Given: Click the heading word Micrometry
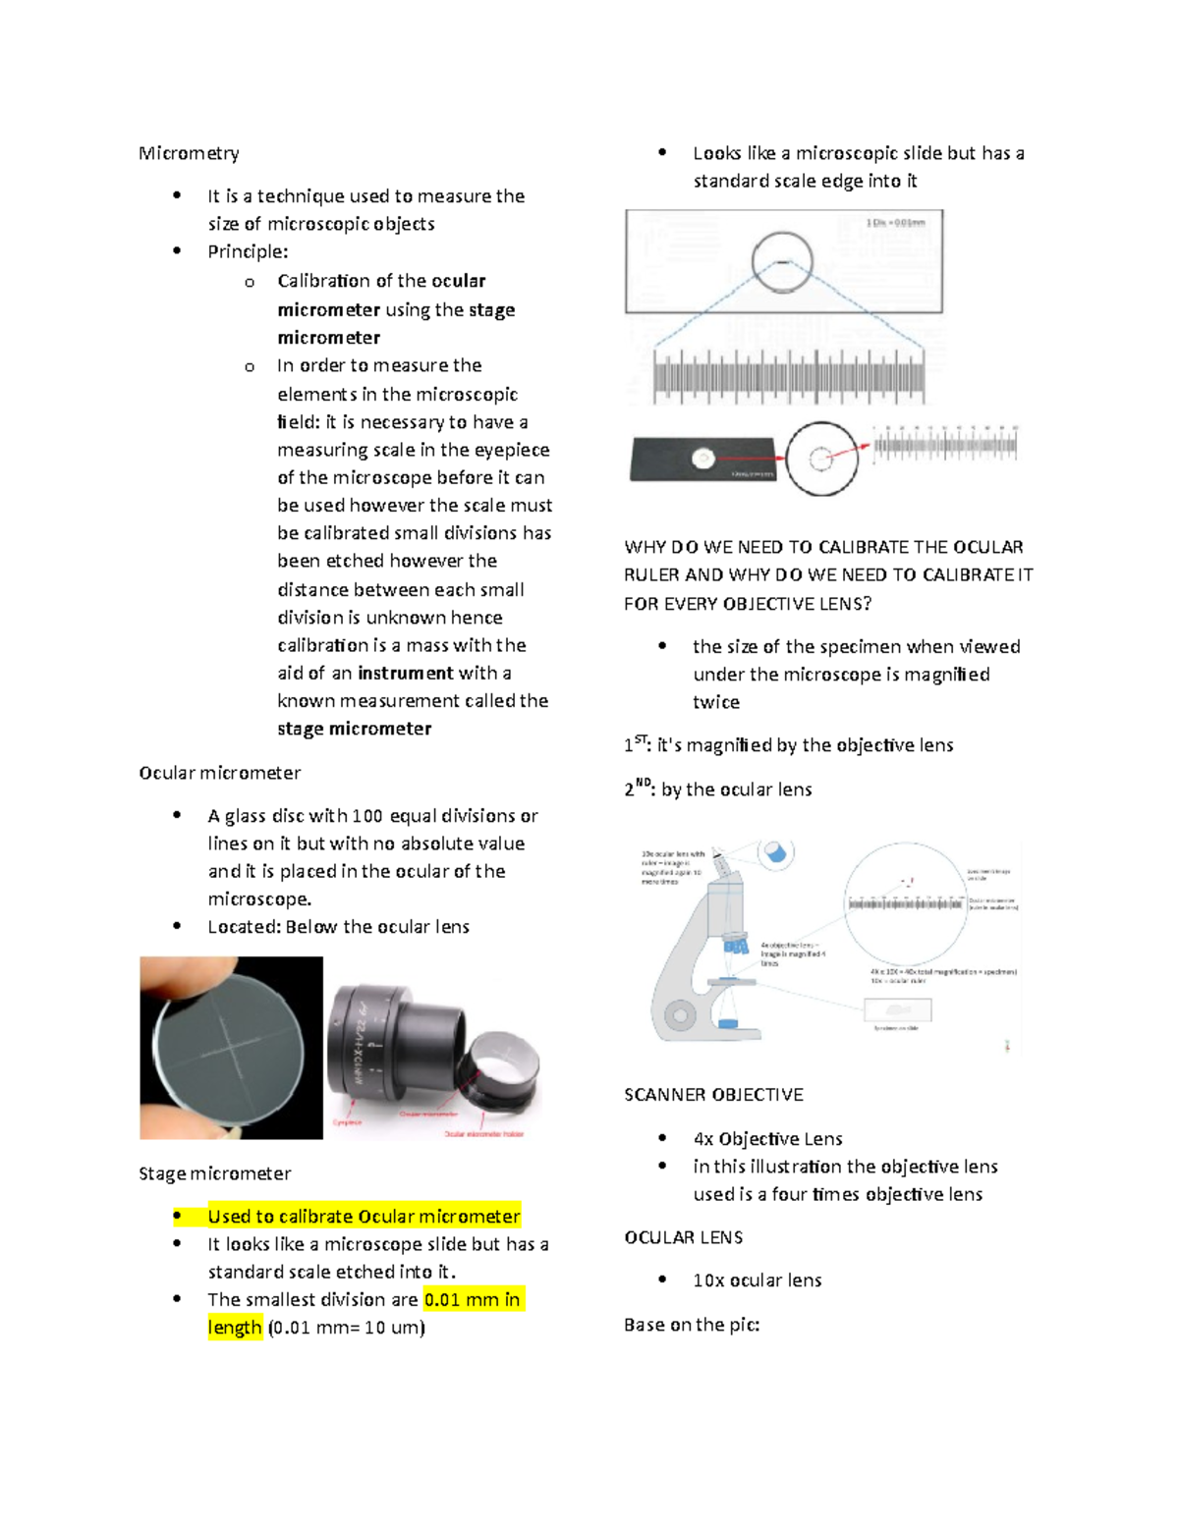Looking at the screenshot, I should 189,153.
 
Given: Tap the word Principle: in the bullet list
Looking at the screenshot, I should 248,251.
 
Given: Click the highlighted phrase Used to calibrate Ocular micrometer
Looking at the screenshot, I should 364,1216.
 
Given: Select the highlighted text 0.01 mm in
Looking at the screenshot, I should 473,1299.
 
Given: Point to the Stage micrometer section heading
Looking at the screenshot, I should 214,1173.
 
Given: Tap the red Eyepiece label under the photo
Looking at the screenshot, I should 347,1122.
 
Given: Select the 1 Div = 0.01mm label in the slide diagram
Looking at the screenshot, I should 895,223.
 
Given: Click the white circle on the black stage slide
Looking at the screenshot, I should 702,458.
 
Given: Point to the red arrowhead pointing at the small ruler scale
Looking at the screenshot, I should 864,447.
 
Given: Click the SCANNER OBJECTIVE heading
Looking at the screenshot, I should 713,1095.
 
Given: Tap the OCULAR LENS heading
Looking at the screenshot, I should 683,1237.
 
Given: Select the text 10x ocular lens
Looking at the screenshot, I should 757,1280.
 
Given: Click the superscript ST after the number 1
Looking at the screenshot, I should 641,739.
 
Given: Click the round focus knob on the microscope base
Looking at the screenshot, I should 679,1015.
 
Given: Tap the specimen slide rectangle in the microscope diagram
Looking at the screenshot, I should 897,1009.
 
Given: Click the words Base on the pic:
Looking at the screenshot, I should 692,1325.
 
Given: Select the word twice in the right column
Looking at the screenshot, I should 716,702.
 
